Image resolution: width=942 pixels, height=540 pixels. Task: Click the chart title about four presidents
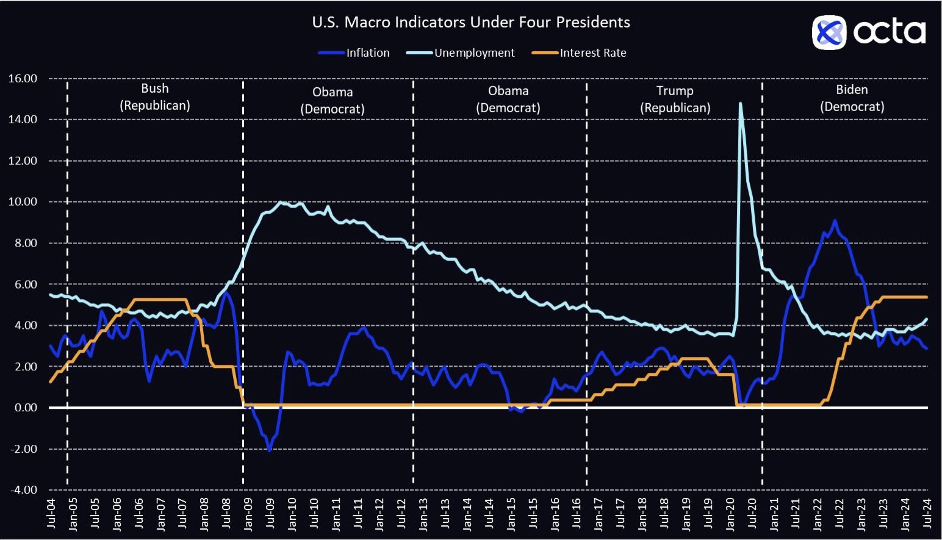point(470,23)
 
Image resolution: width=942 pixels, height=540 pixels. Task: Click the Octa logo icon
point(829,32)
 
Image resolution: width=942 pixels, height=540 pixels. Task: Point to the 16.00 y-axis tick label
point(23,79)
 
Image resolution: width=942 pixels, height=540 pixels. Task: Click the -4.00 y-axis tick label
point(23,490)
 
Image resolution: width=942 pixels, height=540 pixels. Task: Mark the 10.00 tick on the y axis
point(23,202)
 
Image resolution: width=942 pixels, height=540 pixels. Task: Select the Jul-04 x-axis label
point(51,513)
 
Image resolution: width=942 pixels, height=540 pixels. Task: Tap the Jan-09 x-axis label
point(248,513)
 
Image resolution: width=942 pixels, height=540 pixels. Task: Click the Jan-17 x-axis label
point(599,513)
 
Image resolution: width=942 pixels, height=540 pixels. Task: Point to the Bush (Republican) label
point(155,97)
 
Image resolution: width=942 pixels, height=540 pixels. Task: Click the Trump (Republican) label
point(675,99)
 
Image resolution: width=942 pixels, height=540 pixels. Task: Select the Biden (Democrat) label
point(852,98)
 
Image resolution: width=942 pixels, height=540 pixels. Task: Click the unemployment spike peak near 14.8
point(741,103)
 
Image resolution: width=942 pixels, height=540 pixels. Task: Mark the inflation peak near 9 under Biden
point(834,220)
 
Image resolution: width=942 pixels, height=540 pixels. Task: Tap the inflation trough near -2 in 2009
point(270,450)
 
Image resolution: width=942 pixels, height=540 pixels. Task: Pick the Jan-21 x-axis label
point(774,513)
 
